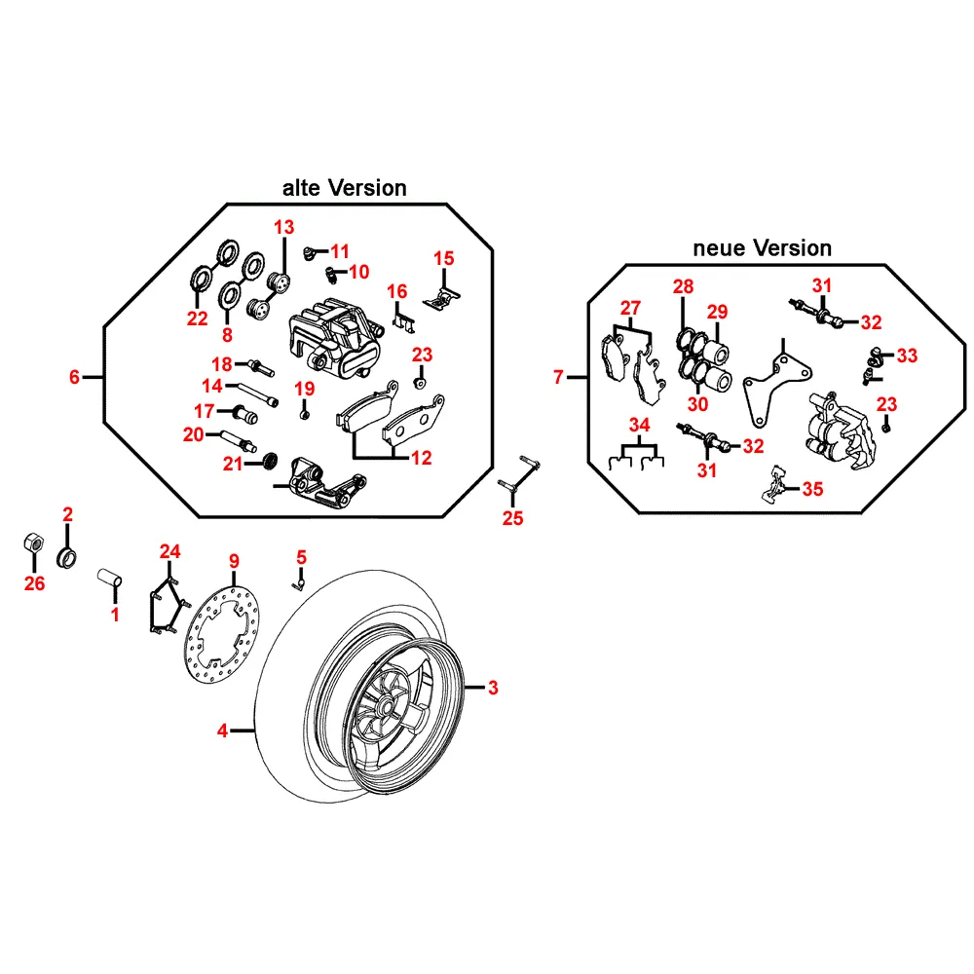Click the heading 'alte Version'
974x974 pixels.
[x=344, y=188]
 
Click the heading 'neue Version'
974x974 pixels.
[x=762, y=248]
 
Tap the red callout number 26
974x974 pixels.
[x=35, y=584]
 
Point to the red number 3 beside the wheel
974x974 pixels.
[x=493, y=689]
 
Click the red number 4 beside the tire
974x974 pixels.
[x=223, y=730]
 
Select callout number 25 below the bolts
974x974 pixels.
[x=512, y=518]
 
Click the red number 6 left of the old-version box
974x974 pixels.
[x=75, y=377]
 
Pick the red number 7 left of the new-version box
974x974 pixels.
[x=559, y=377]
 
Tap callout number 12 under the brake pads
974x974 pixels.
[x=420, y=458]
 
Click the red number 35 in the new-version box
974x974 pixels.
[x=812, y=489]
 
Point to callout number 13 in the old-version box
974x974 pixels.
[x=283, y=228]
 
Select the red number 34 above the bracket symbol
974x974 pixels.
[x=638, y=426]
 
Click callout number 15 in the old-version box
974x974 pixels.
[x=443, y=258]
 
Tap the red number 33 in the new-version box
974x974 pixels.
[x=908, y=356]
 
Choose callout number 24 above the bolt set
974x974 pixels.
[x=170, y=552]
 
